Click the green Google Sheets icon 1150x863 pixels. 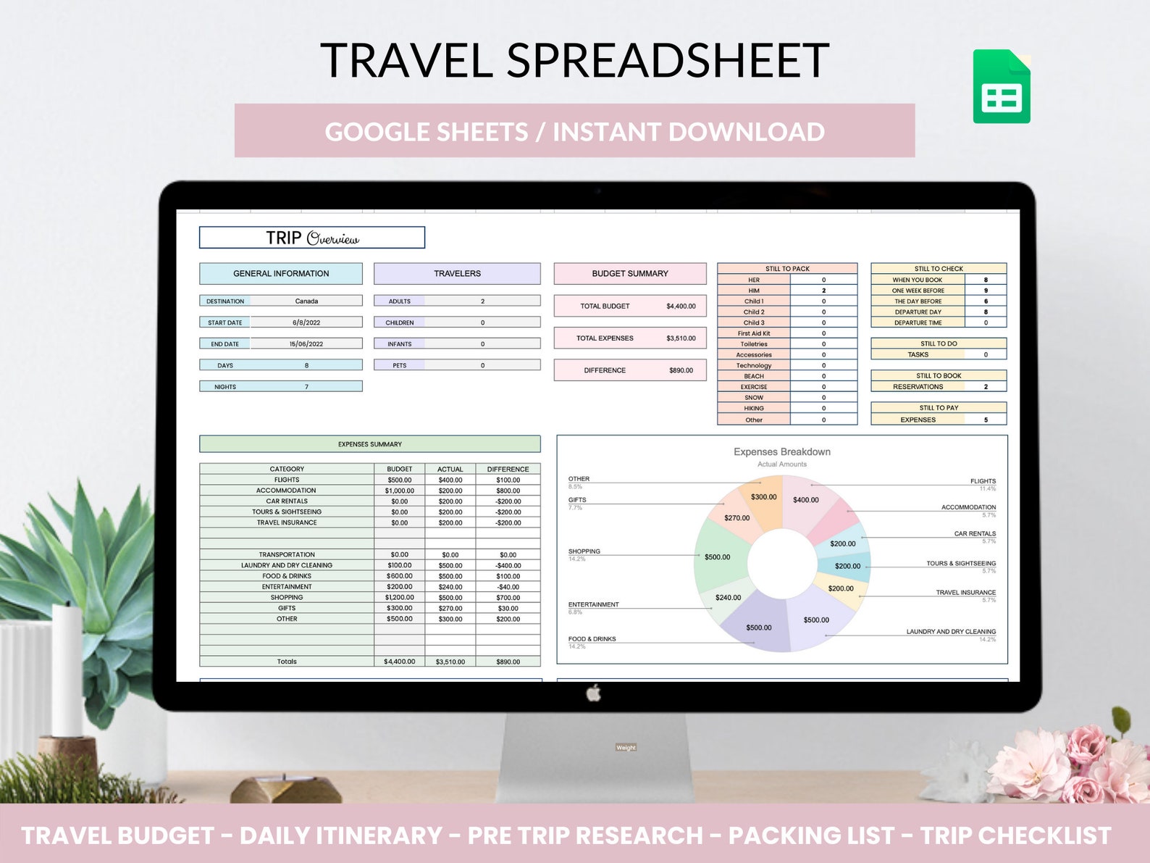pyautogui.click(x=1002, y=87)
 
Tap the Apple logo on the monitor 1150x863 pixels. pyautogui.click(x=593, y=693)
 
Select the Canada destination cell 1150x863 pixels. pyautogui.click(x=306, y=301)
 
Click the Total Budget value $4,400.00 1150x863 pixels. pyautogui.click(x=681, y=306)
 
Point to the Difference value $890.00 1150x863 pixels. pyautogui.click(x=681, y=370)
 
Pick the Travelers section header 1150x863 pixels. pyautogui.click(x=457, y=273)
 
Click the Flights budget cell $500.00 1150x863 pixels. pyautogui.click(x=399, y=480)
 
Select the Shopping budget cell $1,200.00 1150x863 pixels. pyautogui.click(x=399, y=598)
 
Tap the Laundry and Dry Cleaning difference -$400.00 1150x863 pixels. pyautogui.click(x=508, y=565)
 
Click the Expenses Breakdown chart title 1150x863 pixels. pyautogui.click(x=782, y=451)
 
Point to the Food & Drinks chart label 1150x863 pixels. pyautogui.click(x=592, y=639)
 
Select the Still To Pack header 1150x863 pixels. pyautogui.click(x=787, y=268)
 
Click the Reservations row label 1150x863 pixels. pyautogui.click(x=918, y=387)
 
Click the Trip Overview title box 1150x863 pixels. pyautogui.click(x=312, y=238)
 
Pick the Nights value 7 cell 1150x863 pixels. pyautogui.click(x=306, y=387)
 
